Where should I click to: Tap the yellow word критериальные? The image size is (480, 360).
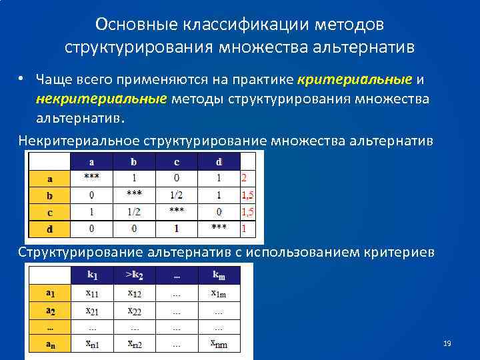(355, 80)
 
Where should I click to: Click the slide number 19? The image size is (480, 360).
(447, 343)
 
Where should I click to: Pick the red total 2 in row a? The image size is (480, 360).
(244, 178)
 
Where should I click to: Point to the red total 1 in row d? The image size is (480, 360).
(244, 228)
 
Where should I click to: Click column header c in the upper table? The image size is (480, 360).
(176, 161)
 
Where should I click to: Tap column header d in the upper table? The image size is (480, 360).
(219, 161)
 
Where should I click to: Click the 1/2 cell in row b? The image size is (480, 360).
(176, 195)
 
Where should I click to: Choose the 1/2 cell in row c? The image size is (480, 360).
(134, 211)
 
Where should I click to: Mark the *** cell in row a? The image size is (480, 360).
(91, 177)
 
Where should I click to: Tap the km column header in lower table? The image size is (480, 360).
(219, 275)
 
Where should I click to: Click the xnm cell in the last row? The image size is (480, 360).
(218, 344)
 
